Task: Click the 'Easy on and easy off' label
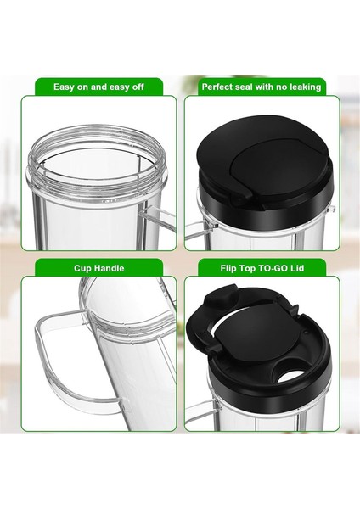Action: (99, 87)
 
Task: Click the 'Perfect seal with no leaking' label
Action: (262, 87)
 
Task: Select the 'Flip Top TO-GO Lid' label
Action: (262, 268)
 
